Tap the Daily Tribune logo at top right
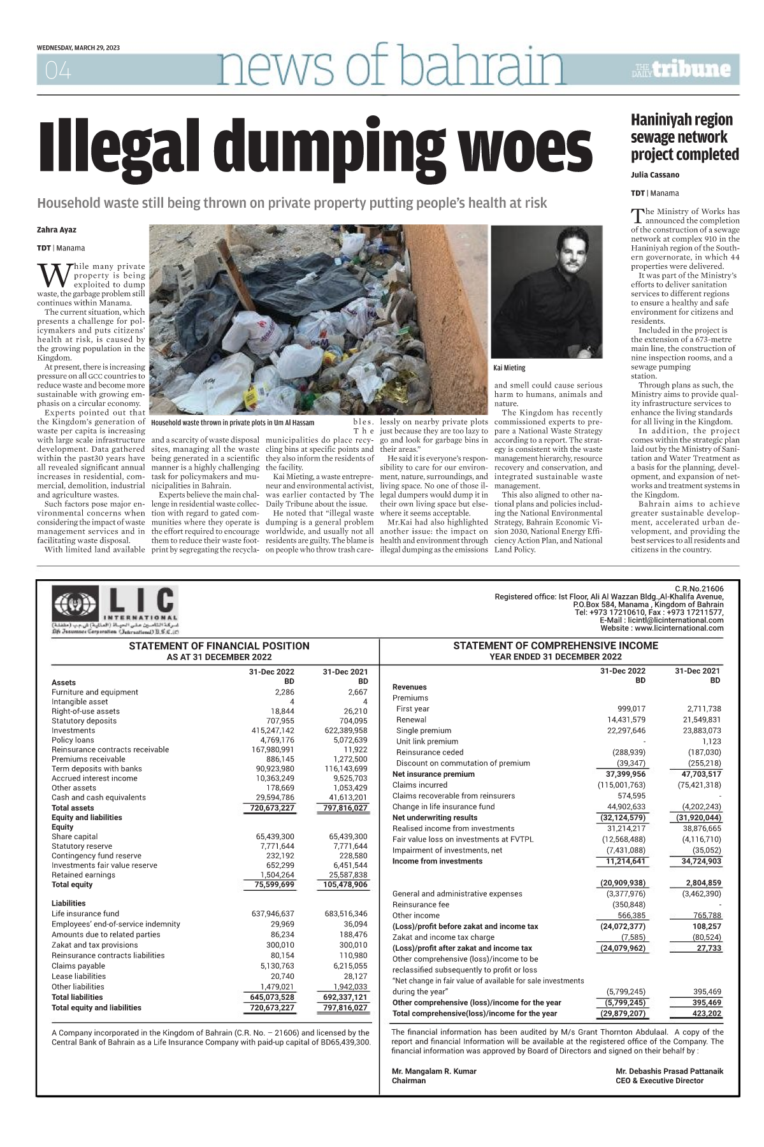click(682, 69)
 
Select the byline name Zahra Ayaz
click(57, 229)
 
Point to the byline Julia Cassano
click(655, 175)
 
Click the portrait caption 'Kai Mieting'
click(510, 368)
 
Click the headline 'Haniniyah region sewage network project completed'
click(684, 137)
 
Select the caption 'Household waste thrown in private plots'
click(232, 422)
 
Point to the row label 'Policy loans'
click(73, 740)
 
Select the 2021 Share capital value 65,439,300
click(348, 836)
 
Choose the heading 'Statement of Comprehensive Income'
click(555, 646)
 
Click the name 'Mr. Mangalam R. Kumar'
click(434, 1071)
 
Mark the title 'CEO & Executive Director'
click(659, 1081)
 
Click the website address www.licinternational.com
click(680, 628)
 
